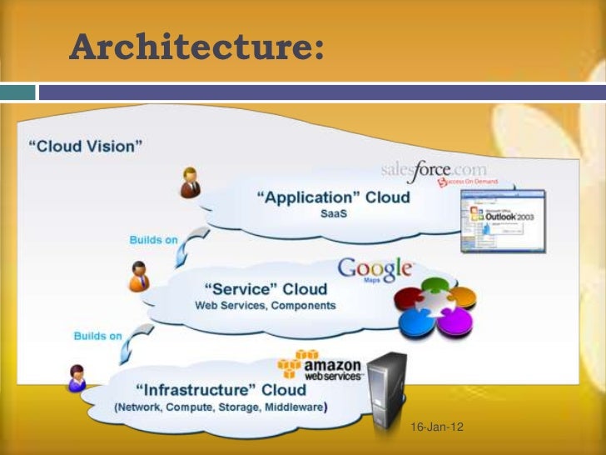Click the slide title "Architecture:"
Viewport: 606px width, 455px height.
point(196,47)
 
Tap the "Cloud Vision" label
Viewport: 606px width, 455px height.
point(86,146)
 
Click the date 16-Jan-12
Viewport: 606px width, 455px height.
point(438,427)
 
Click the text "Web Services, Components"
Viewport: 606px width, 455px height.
point(266,305)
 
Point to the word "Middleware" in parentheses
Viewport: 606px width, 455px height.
point(291,407)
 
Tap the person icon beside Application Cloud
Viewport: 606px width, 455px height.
point(191,182)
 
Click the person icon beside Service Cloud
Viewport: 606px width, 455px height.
point(138,276)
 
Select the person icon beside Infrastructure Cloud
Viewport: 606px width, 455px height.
point(77,378)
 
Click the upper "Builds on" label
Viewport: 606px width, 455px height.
point(153,240)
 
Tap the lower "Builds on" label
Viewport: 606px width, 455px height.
point(97,336)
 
